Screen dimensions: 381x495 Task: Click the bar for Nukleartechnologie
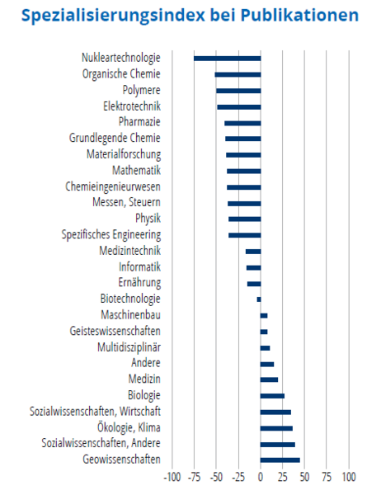pyautogui.click(x=228, y=59)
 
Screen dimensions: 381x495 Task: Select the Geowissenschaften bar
pyautogui.click(x=280, y=460)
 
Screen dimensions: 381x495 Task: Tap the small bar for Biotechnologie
pyautogui.click(x=259, y=299)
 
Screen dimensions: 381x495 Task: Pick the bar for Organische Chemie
pyautogui.click(x=238, y=74)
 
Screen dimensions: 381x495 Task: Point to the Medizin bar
pyautogui.click(x=269, y=379)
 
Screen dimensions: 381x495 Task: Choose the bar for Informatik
pyautogui.click(x=253, y=267)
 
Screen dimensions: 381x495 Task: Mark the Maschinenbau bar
pyautogui.click(x=264, y=315)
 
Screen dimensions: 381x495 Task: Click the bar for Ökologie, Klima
pyautogui.click(x=276, y=428)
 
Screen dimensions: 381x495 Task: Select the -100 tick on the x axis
pyautogui.click(x=172, y=477)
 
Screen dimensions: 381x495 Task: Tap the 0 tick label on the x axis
pyautogui.click(x=261, y=477)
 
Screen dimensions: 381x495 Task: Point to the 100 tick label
pyautogui.click(x=349, y=477)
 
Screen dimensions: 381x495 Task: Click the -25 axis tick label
pyautogui.click(x=238, y=477)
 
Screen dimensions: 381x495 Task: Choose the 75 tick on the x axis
pyautogui.click(x=327, y=477)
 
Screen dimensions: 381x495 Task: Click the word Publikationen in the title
pyautogui.click(x=299, y=15)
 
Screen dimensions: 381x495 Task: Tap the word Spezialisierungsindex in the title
pyautogui.click(x=113, y=16)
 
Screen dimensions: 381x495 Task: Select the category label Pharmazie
pyautogui.click(x=139, y=122)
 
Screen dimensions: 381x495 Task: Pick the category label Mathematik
pyautogui.click(x=136, y=171)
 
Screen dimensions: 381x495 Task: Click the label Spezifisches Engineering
pyautogui.click(x=111, y=235)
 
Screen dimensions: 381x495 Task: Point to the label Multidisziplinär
pyautogui.click(x=129, y=347)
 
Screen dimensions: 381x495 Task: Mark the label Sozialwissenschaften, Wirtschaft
pyautogui.click(x=95, y=412)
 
